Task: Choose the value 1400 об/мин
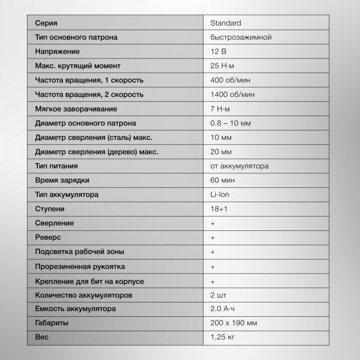coord(232,94)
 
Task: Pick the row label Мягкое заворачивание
coord(76,109)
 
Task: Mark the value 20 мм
coord(221,152)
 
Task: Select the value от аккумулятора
coord(239,166)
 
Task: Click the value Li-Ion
coord(220,195)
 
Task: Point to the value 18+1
coord(218,209)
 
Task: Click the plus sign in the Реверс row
coord(212,238)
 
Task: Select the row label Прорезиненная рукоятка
coord(80,266)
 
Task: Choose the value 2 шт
coord(218,295)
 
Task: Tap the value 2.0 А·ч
coord(223,309)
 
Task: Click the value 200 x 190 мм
coord(234,324)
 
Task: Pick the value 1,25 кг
coord(223,337)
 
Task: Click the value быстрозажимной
coord(240,37)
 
